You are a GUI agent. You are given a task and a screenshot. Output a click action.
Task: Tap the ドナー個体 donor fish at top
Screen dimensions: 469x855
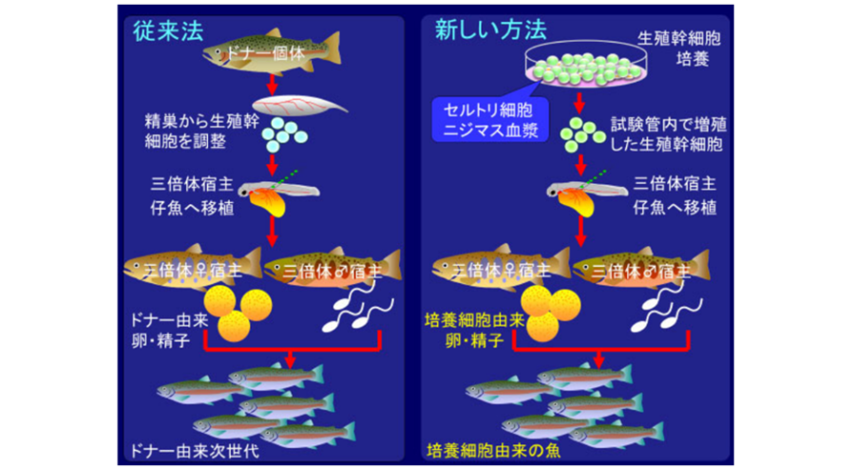tap(271, 54)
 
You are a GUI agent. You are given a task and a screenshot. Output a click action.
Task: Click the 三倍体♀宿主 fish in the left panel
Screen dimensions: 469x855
tap(191, 269)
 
